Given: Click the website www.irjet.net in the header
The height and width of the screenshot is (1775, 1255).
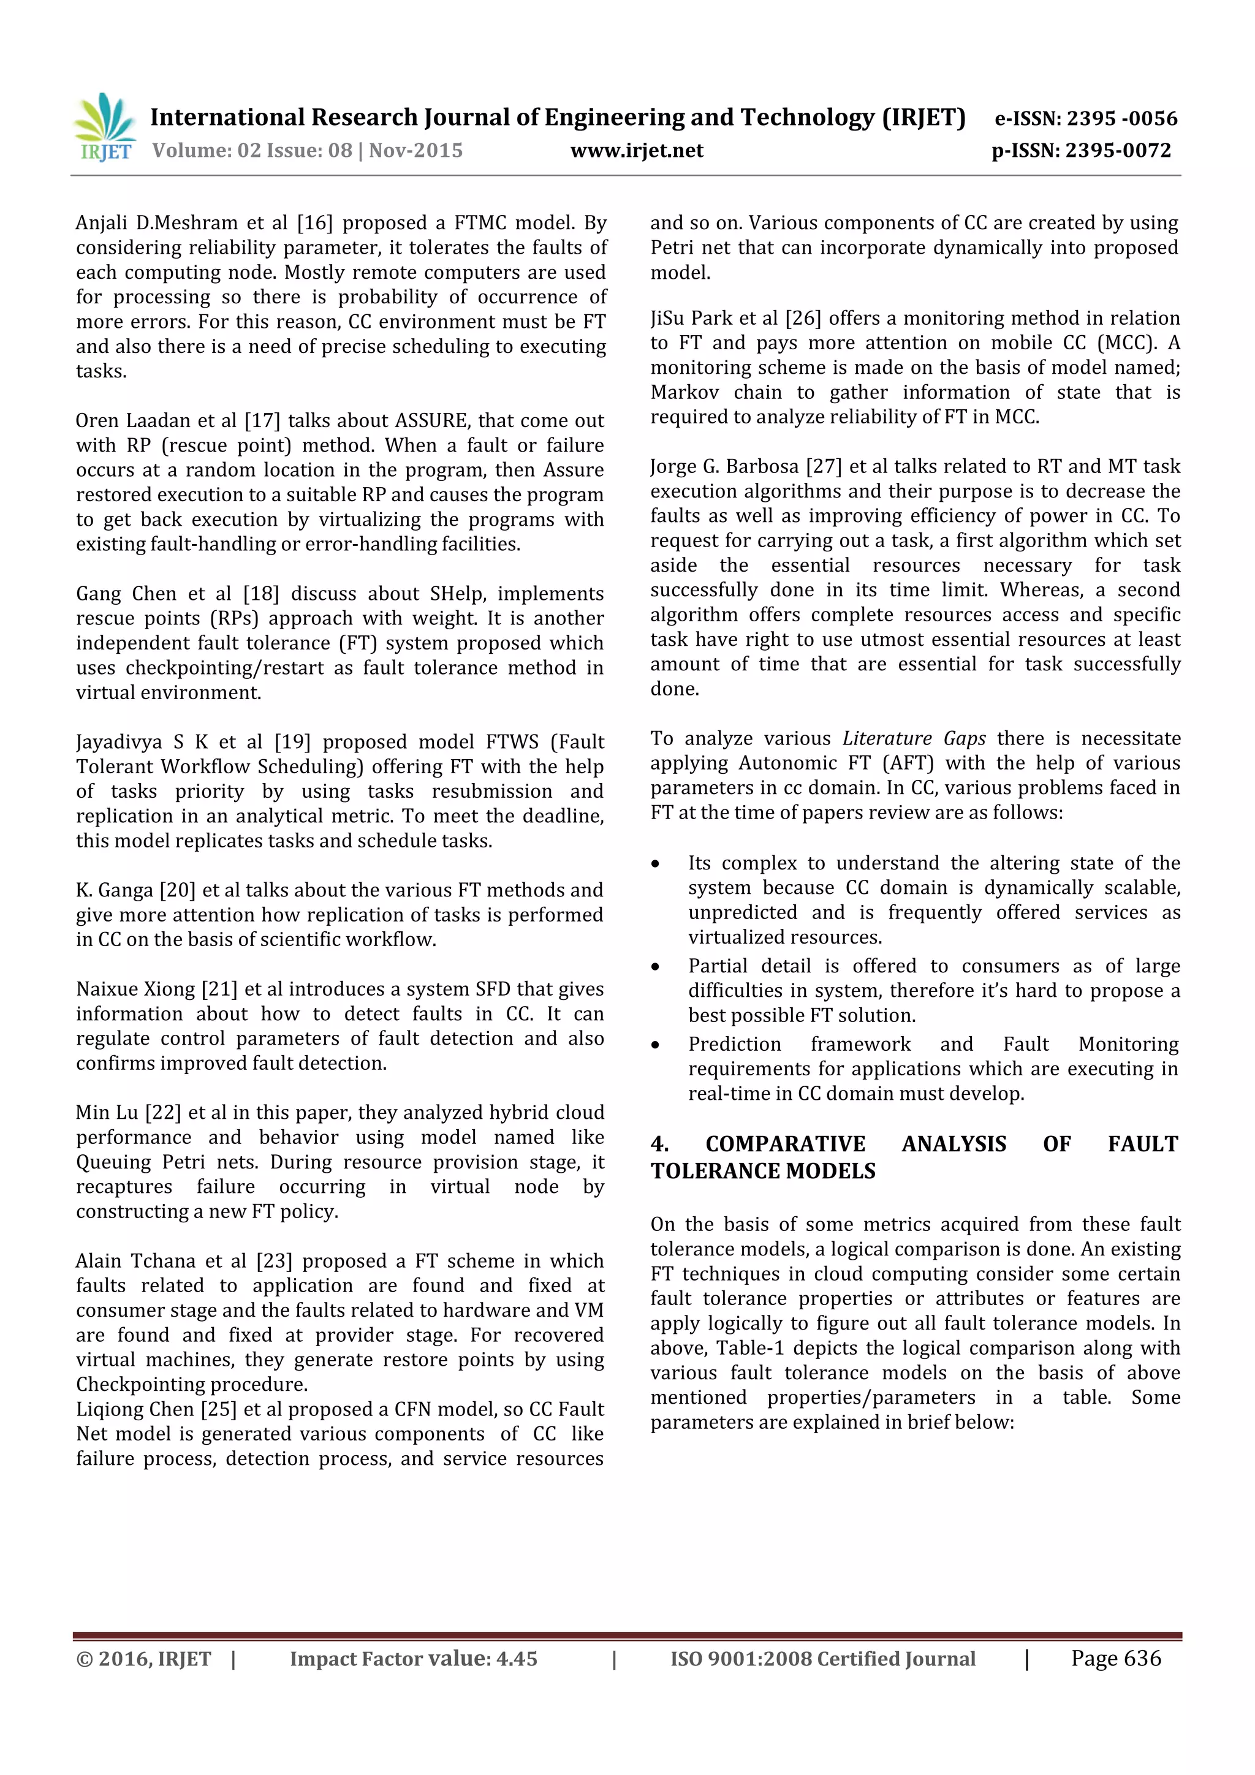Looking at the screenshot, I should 637,151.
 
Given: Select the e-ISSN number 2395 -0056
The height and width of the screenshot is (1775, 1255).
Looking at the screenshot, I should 1121,118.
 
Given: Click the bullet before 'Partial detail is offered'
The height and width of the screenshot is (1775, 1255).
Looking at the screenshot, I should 656,967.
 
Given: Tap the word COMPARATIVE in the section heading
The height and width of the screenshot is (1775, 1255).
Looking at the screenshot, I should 785,1144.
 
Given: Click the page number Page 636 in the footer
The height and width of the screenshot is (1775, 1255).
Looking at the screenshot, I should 1115,1658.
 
